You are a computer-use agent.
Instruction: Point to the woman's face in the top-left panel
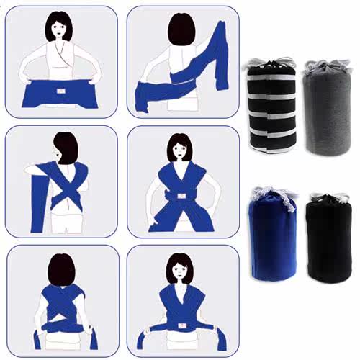(x=60, y=30)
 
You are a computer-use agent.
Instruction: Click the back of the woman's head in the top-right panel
(x=183, y=30)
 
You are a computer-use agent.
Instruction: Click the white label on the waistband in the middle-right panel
(x=181, y=195)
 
